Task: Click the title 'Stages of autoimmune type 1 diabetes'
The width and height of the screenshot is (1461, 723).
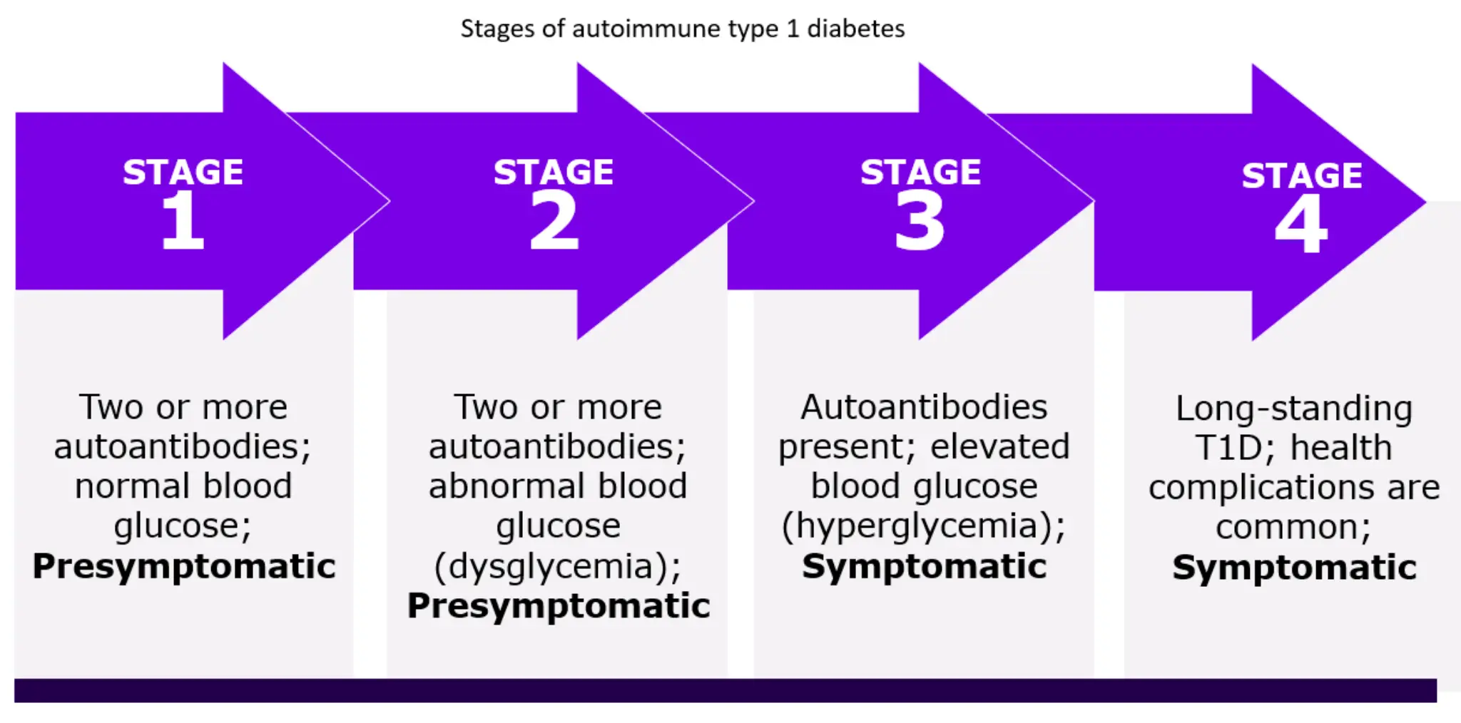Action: (682, 29)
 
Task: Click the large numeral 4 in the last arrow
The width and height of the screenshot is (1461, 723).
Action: (1301, 224)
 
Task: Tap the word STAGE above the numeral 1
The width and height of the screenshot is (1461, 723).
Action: (183, 172)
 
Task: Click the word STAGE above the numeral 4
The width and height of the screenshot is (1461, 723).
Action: (1302, 175)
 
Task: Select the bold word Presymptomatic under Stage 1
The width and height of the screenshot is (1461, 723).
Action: (184, 566)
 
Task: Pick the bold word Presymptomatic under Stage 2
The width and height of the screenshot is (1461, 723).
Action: (559, 606)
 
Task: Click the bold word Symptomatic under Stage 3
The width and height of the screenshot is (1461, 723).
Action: (925, 566)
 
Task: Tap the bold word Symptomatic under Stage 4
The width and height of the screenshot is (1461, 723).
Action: (1294, 568)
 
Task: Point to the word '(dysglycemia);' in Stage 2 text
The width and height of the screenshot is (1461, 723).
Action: (558, 566)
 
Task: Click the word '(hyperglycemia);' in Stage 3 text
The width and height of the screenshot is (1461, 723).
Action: (924, 526)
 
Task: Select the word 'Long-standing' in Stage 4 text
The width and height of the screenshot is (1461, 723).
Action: (1294, 409)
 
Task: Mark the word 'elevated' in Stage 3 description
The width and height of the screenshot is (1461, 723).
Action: (1000, 447)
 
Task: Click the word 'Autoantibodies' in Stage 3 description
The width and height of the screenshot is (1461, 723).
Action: (924, 407)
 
